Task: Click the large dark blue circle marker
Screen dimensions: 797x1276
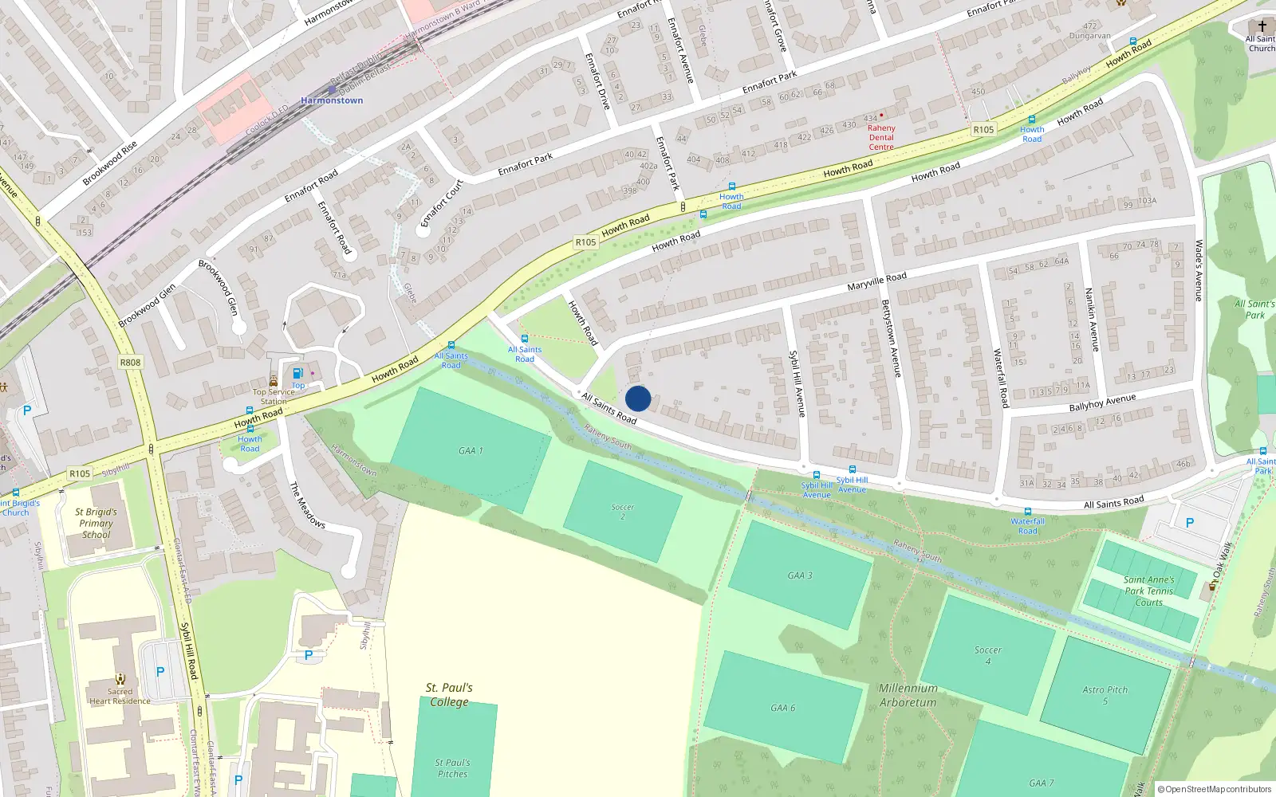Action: (638, 398)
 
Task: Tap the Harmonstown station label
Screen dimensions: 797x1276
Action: (332, 100)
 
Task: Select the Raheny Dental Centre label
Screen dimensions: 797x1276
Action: (881, 137)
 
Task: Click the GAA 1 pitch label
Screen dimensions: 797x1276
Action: (471, 451)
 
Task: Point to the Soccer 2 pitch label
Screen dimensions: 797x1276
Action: (623, 512)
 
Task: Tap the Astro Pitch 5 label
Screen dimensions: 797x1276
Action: (1105, 695)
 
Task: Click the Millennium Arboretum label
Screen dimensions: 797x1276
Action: (908, 695)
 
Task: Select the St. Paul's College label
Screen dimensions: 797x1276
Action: (449, 694)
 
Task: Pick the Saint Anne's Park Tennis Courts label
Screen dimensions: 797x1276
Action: (1148, 591)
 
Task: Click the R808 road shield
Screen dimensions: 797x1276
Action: (130, 363)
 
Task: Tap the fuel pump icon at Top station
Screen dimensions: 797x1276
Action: (298, 373)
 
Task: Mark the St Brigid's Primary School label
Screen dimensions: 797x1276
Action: (96, 524)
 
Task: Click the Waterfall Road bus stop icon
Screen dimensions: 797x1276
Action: (1027, 512)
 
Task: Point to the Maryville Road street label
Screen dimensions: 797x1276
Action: (876, 281)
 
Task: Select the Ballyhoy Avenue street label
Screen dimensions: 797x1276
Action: (1102, 403)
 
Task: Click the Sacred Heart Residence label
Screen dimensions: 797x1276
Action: (120, 697)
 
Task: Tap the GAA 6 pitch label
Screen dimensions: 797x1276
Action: (782, 708)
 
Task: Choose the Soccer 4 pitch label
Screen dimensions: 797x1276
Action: (987, 655)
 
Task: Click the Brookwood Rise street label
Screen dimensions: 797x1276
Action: (110, 163)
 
